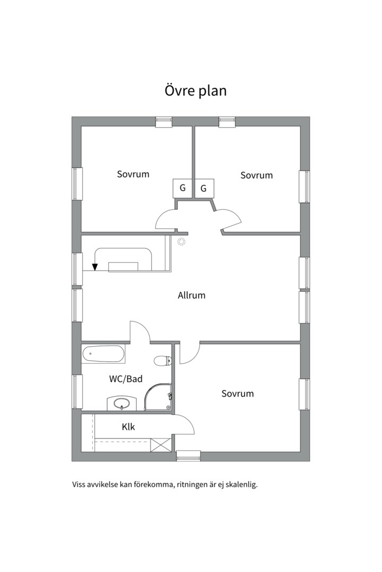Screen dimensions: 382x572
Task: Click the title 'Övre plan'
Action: coord(196,91)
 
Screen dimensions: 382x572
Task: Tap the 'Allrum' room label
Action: coord(192,295)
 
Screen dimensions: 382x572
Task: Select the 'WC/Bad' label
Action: coord(126,379)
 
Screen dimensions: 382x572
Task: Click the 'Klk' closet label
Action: coord(128,426)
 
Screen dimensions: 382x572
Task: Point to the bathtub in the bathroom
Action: coord(103,354)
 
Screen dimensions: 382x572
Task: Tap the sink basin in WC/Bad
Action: coord(121,404)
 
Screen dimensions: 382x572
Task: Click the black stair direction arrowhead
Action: coord(95,267)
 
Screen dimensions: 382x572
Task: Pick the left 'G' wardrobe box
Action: coord(183,188)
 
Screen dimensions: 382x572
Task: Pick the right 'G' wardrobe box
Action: coord(204,188)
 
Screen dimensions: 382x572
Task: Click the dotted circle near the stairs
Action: coord(181,242)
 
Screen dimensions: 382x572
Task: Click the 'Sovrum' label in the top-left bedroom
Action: coord(133,174)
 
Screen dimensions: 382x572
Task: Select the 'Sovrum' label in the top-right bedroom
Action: coord(257,175)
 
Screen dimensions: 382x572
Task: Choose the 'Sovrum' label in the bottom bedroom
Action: coord(238,394)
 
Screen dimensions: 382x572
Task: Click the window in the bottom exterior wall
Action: coord(189,456)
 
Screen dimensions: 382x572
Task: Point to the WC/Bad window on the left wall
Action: coord(77,391)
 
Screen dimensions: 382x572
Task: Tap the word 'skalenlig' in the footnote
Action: coord(241,485)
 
